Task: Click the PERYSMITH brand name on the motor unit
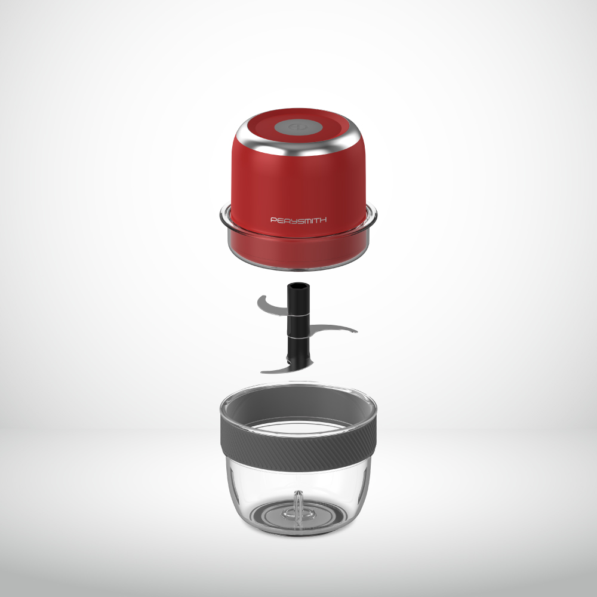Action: pos(298,220)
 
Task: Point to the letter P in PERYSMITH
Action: pos(273,220)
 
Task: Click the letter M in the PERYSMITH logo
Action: pos(306,220)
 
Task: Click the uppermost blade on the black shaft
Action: pos(272,306)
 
